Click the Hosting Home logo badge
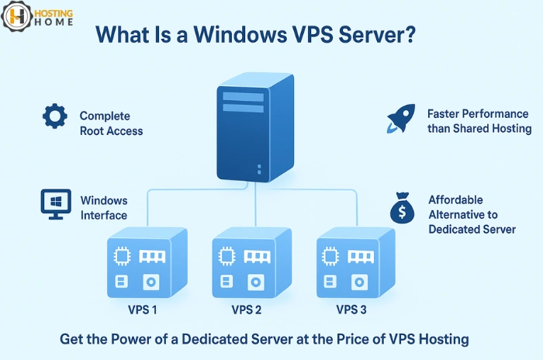[x=18, y=16]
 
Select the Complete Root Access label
[x=111, y=124]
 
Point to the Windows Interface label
[x=104, y=208]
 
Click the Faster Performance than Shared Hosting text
[x=479, y=121]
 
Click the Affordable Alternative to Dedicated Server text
[x=472, y=215]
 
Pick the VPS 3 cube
[x=356, y=264]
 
